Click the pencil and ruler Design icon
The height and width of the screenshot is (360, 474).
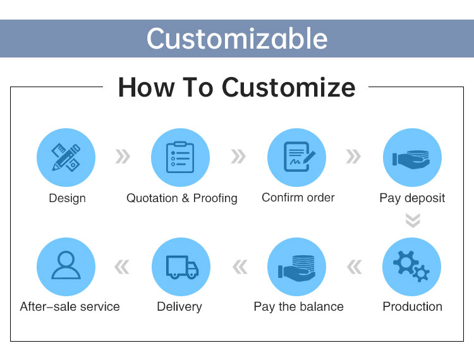pos(66,157)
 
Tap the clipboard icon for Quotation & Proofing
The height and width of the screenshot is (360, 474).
pos(180,157)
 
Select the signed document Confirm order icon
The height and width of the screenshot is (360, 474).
pos(299,157)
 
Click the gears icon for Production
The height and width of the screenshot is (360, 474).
pos(411,267)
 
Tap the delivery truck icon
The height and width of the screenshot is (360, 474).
pos(182,267)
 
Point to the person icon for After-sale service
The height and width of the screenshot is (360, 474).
pos(66,265)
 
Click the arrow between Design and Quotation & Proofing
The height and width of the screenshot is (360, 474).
pos(123,157)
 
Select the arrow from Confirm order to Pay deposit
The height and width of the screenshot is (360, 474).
pos(353,157)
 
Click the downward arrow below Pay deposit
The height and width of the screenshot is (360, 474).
pos(413,220)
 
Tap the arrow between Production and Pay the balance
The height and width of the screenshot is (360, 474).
pos(355,267)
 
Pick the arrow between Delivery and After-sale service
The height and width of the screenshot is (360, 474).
pos(122,267)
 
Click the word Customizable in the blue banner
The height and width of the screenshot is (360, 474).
pos(237,39)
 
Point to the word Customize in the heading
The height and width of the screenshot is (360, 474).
pos(288,87)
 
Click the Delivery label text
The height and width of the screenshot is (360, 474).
pos(179,307)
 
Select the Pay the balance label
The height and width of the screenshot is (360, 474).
pos(299,307)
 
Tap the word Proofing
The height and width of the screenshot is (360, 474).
pos(216,198)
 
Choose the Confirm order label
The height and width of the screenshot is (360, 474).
pos(298,198)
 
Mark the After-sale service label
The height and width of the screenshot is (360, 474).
pos(70,306)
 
